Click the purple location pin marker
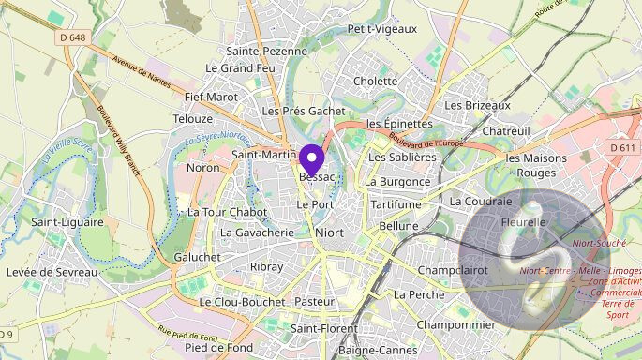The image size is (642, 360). tap(310, 157)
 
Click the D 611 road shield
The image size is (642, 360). tap(621, 147)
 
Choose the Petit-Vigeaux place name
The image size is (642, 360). tap(381, 29)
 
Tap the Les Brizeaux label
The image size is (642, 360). tap(478, 105)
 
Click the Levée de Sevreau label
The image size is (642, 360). tap(52, 271)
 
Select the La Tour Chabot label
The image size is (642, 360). tap(227, 212)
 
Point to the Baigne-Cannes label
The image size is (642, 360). tap(379, 350)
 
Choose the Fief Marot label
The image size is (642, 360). tap(211, 96)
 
